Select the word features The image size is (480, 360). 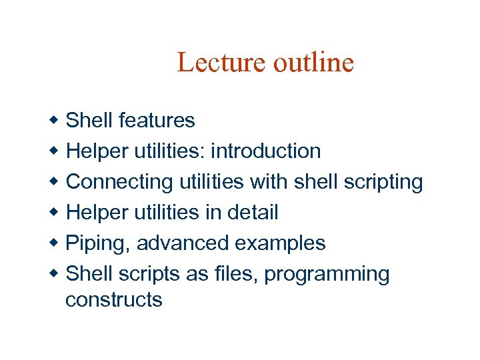pos(157,121)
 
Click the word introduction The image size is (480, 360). pos(265,151)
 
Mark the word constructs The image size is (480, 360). pos(113,300)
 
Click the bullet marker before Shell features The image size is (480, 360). pos(55,121)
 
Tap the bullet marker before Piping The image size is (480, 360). pos(55,243)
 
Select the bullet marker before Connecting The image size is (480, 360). pos(55,182)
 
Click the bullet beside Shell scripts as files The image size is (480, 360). pos(55,274)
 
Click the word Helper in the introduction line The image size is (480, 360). pos(97,151)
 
